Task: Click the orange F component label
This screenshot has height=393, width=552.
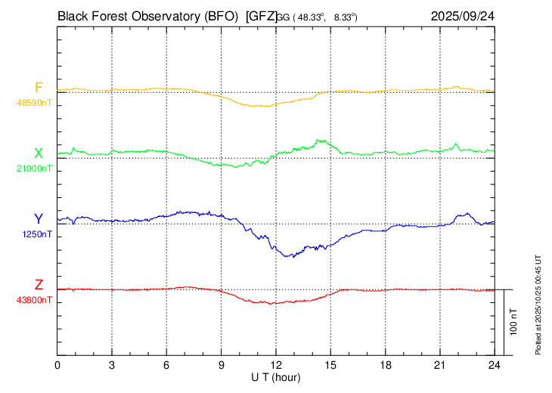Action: click(x=39, y=87)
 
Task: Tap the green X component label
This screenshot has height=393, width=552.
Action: click(x=39, y=153)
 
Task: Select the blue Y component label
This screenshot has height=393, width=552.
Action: click(x=39, y=219)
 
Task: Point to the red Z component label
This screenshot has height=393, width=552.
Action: click(x=39, y=285)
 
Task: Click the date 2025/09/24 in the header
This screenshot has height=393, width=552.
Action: click(x=463, y=15)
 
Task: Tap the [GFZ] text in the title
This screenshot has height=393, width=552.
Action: click(x=260, y=15)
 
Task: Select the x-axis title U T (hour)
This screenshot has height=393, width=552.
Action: click(x=276, y=376)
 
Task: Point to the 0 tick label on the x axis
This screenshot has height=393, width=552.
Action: click(x=57, y=365)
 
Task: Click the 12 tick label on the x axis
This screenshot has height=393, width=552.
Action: click(x=276, y=365)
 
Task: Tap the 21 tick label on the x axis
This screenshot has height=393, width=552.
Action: click(x=439, y=365)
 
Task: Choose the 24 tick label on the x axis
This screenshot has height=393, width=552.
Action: click(x=494, y=365)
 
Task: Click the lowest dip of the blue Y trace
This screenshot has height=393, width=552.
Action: click(x=288, y=257)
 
